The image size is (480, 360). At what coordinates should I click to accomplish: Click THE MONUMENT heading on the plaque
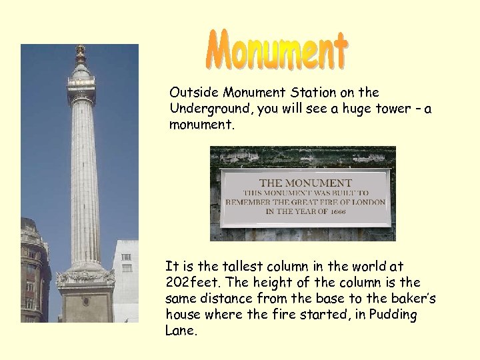pos(305,182)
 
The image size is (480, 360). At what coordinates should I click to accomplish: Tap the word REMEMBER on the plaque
pos(249,201)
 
